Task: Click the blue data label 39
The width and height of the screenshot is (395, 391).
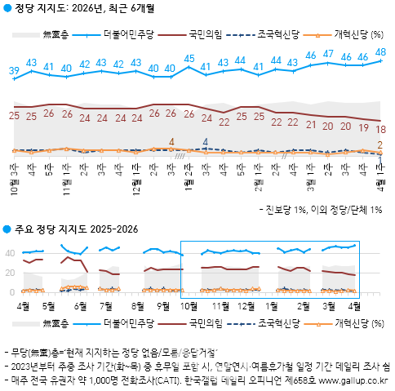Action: coord(14,71)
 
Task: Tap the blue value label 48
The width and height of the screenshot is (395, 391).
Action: coord(381,52)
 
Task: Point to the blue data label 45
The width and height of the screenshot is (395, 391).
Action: coord(189,58)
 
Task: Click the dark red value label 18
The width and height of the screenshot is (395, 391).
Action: coord(381,129)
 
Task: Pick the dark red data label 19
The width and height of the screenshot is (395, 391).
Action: coord(363,127)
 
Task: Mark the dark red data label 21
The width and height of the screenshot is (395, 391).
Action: coord(311,125)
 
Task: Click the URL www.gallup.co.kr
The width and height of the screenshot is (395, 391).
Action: coord(352,380)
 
